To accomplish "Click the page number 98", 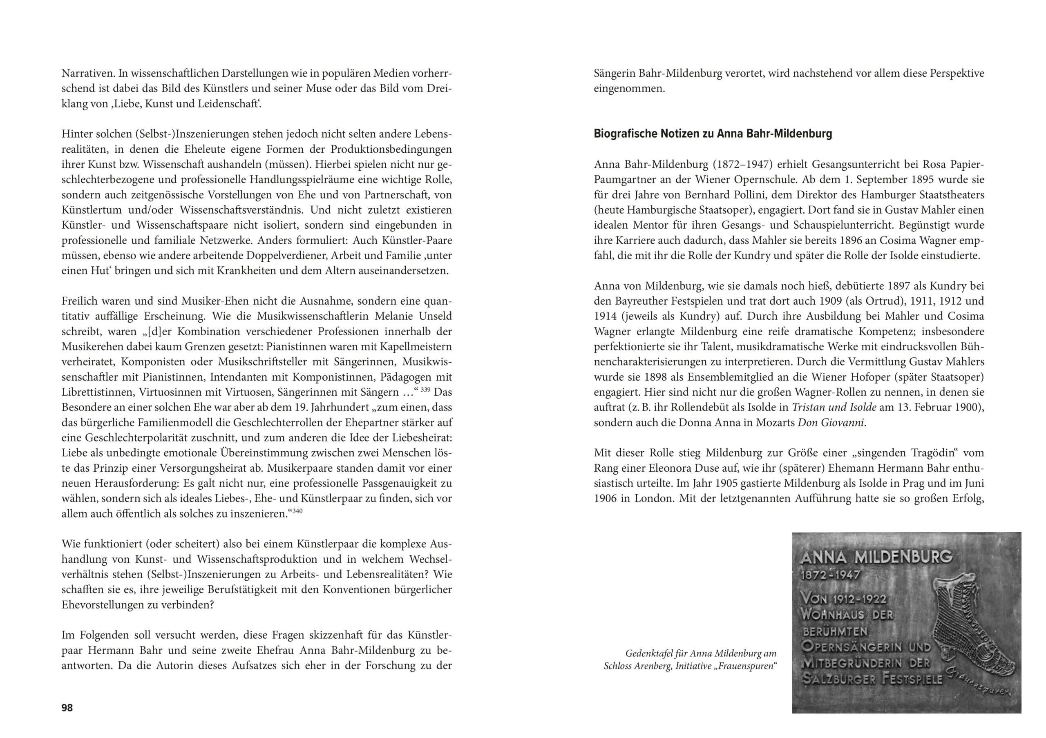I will pos(67,707).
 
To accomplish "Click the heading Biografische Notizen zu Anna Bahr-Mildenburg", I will pos(713,134).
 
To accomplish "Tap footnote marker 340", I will pos(297,511).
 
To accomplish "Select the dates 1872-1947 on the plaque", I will pos(830,575).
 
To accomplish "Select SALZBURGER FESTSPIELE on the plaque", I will pos(872,679).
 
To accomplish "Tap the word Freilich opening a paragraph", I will pos(79,301).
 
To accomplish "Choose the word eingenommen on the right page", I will pos(629,89).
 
